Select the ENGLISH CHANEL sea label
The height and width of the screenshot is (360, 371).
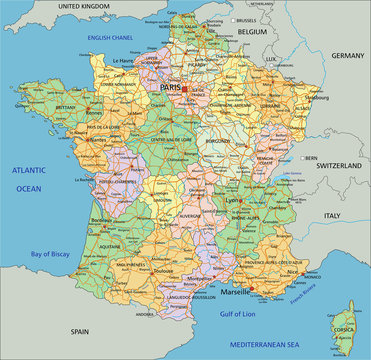pyautogui.click(x=111, y=38)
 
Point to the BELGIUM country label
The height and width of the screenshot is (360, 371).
pyautogui.click(x=252, y=33)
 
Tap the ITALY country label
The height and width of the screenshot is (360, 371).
pyautogui.click(x=332, y=215)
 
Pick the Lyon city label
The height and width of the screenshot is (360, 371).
pyautogui.click(x=233, y=200)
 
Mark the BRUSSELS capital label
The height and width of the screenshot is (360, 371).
pyautogui.click(x=246, y=19)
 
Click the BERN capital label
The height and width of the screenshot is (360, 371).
pyautogui.click(x=311, y=157)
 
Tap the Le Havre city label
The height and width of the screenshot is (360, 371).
pyautogui.click(x=123, y=61)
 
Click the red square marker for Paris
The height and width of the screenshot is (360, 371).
pyautogui.click(x=184, y=88)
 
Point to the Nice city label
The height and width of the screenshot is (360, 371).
pyautogui.click(x=291, y=271)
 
